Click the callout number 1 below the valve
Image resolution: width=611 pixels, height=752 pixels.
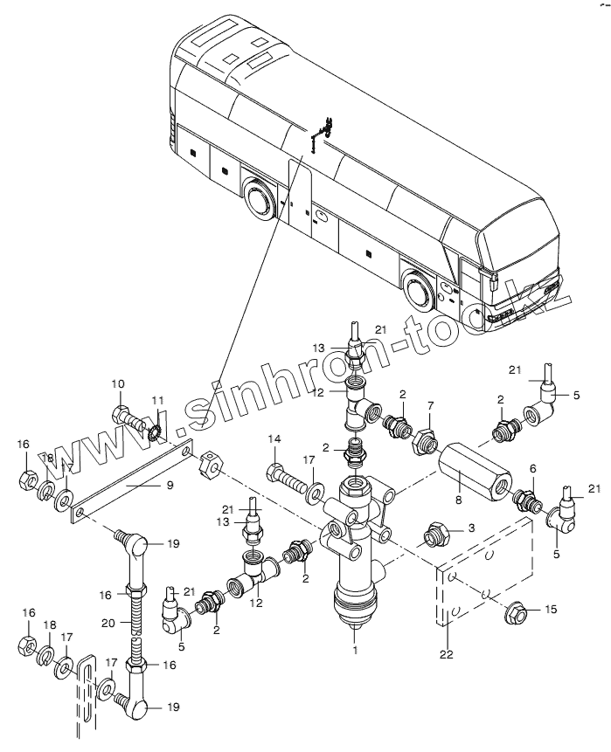point(355,649)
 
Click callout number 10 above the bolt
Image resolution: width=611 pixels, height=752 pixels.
point(119,383)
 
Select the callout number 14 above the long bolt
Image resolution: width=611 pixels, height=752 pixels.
point(274,438)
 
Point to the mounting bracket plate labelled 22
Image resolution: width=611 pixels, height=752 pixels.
point(485,576)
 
